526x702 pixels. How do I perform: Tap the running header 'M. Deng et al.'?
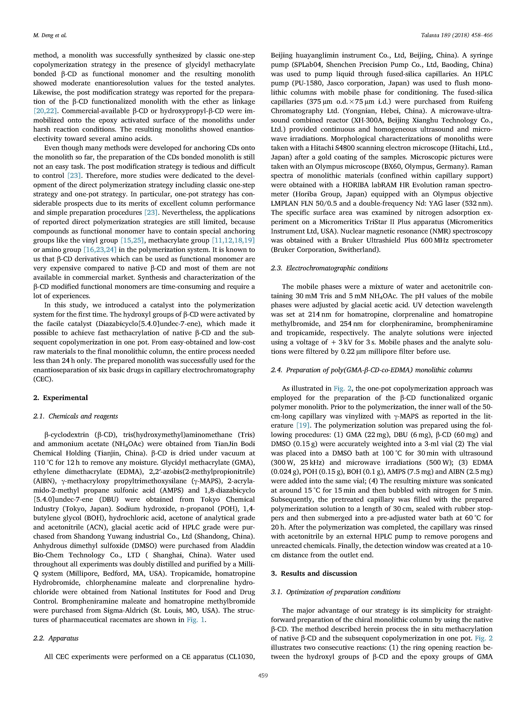[50, 35]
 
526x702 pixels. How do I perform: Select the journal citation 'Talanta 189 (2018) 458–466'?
[456, 35]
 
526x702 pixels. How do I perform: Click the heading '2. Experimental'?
[61, 398]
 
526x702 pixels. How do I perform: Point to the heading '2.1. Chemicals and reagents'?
[75, 416]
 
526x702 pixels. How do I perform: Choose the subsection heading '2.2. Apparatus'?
[56, 638]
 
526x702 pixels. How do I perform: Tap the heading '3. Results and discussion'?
[314, 573]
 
